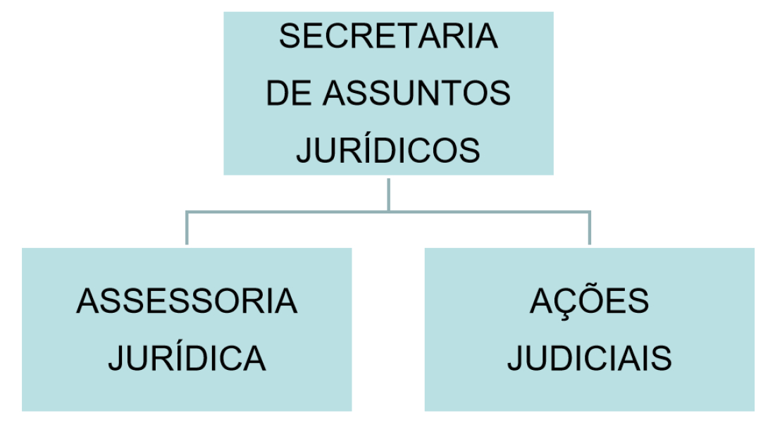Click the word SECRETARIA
388,36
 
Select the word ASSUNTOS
416,93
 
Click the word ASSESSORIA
187,301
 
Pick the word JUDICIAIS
590,359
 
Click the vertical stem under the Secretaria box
388,194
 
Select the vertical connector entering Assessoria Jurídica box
187,228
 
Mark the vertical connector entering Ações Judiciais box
590,228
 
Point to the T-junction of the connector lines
388,212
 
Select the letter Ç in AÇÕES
567,304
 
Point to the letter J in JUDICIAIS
516,359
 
